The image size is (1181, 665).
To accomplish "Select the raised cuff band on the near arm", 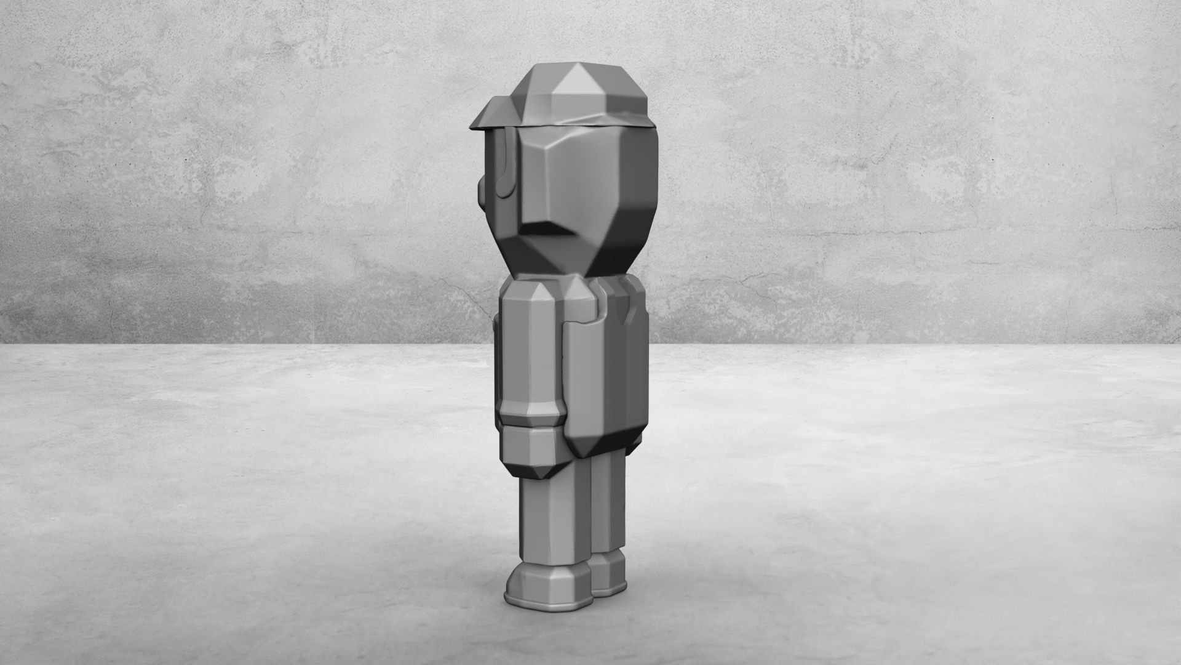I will pyautogui.click(x=530, y=419).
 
